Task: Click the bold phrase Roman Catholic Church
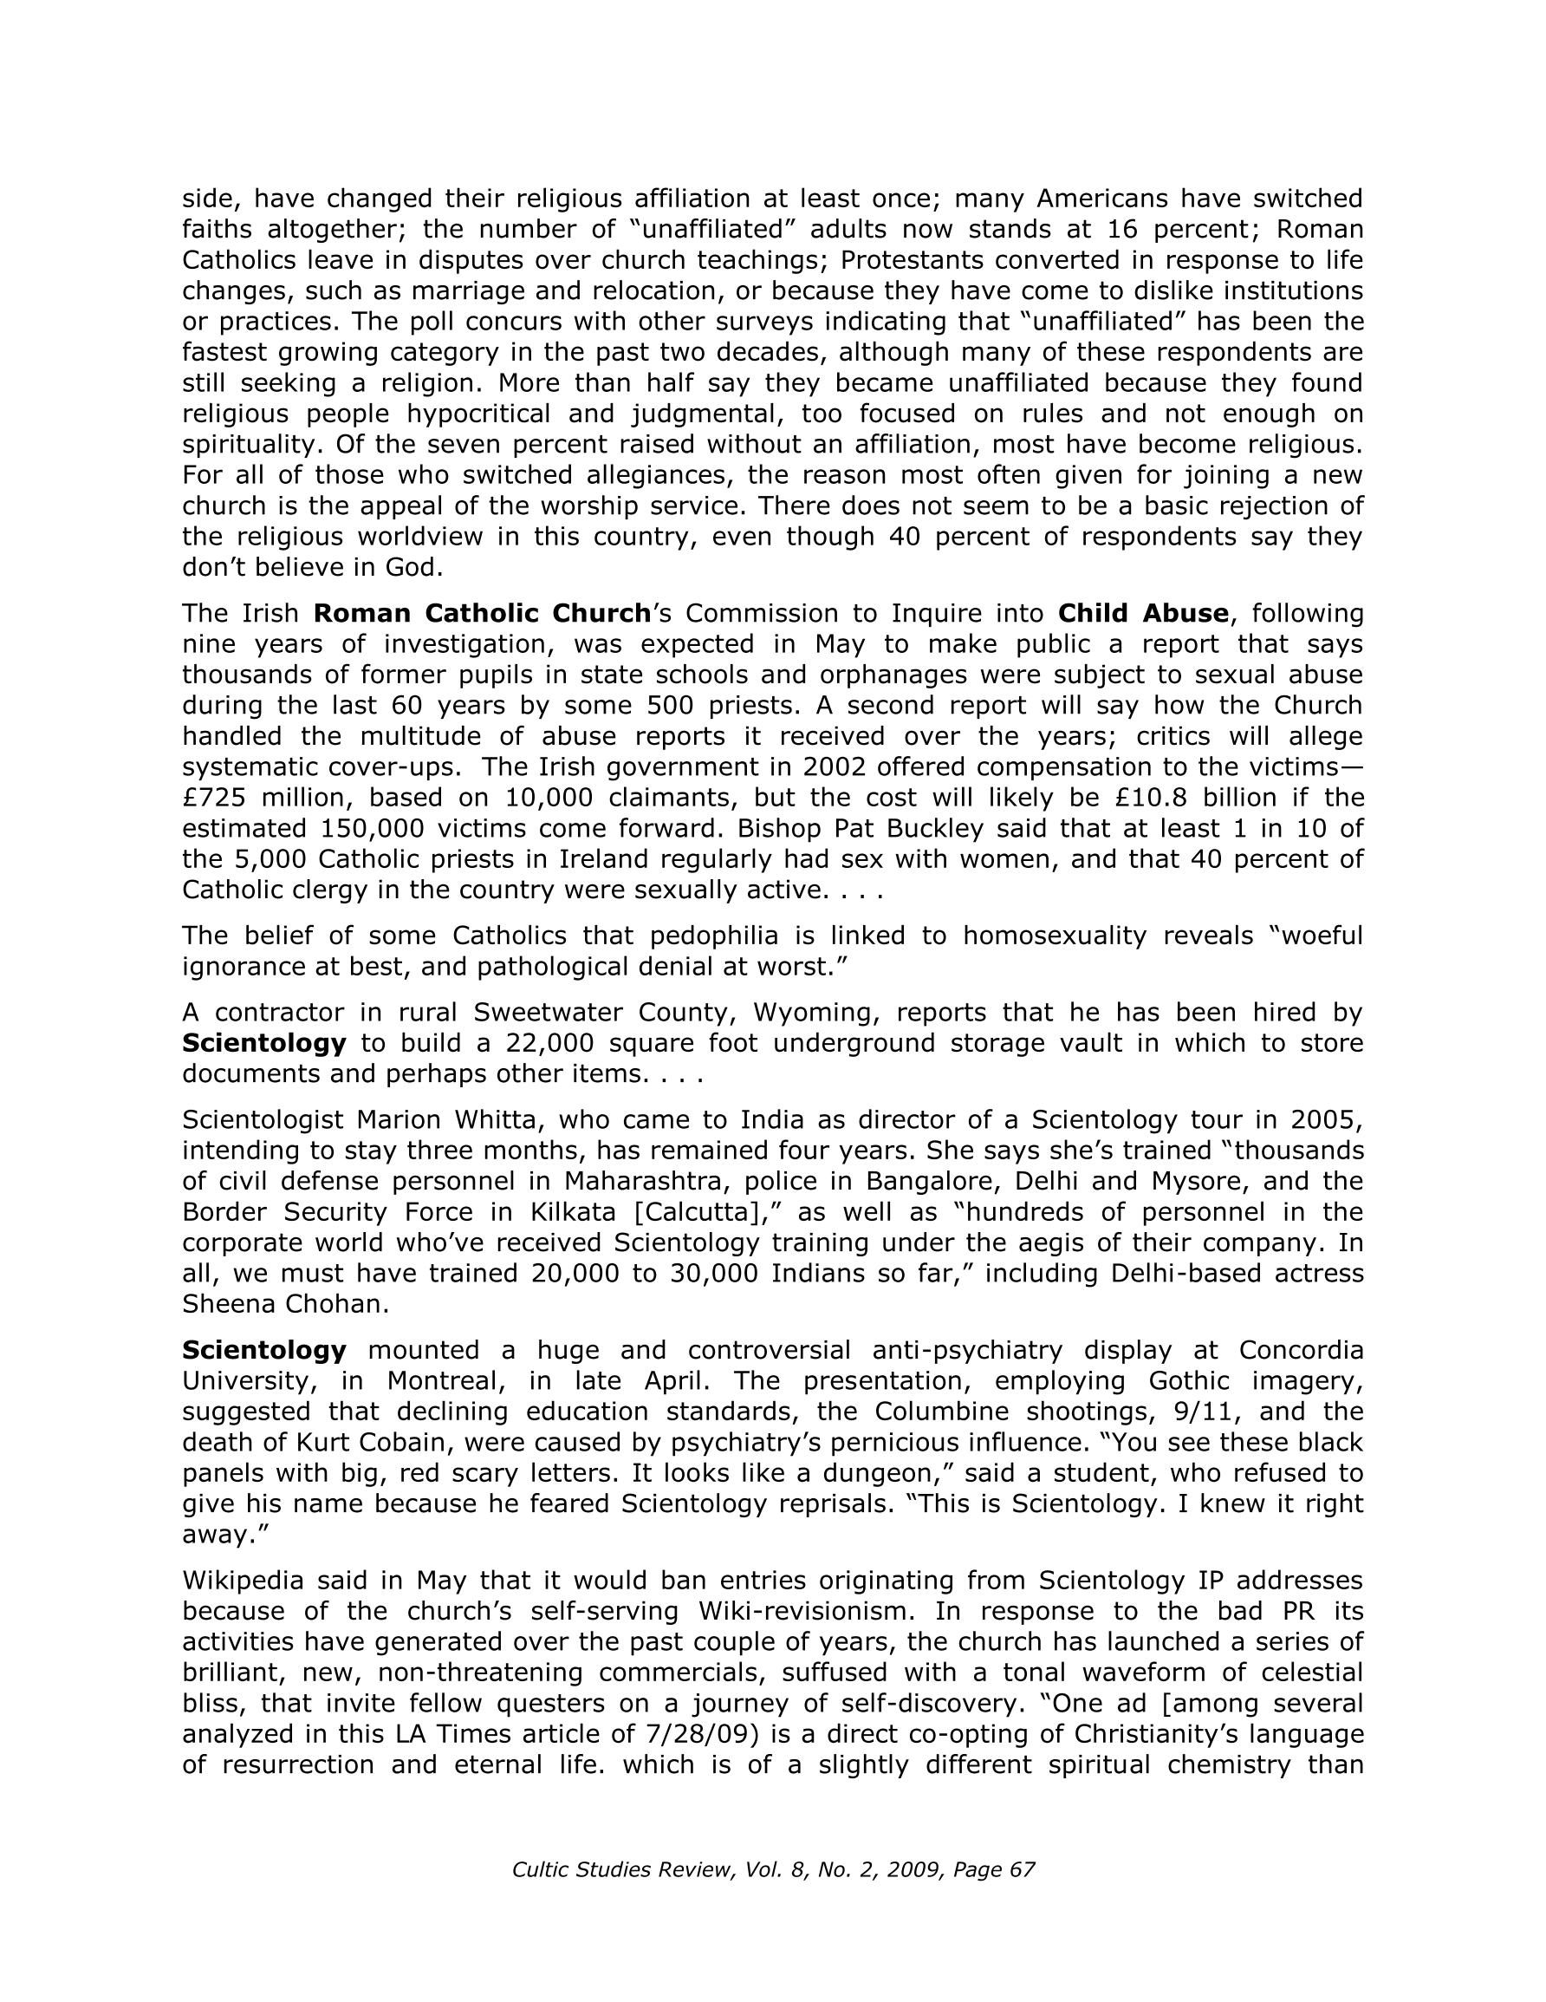482,613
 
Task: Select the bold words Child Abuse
1143,613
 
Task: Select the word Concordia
1301,1350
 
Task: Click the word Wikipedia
243,1581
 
